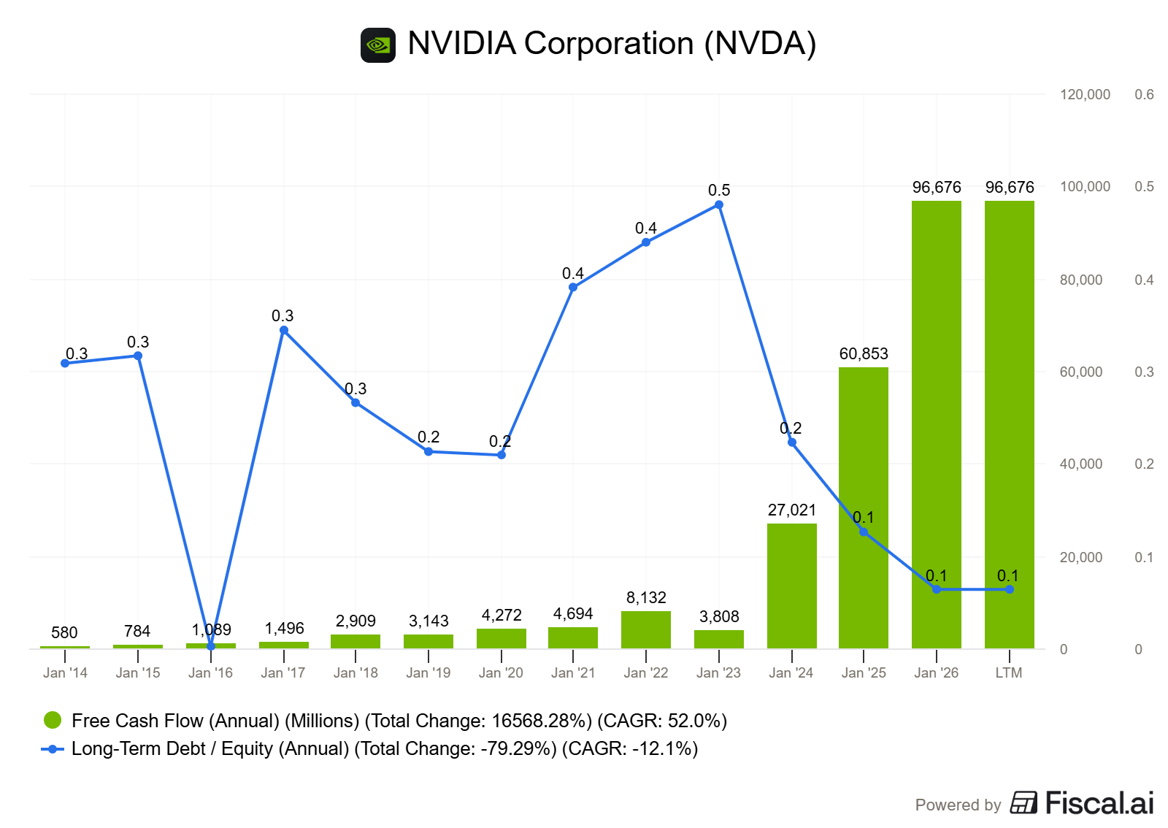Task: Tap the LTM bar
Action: pyautogui.click(x=1009, y=424)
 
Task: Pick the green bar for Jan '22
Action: pyautogui.click(x=645, y=630)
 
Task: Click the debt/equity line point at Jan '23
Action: pyautogui.click(x=719, y=205)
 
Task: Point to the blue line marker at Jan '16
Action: pyautogui.click(x=211, y=646)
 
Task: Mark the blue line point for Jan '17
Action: pyautogui.click(x=284, y=330)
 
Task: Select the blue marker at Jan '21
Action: pyautogui.click(x=573, y=287)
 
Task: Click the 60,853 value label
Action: pyautogui.click(x=864, y=354)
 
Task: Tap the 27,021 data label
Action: pyautogui.click(x=791, y=510)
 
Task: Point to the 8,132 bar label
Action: pyautogui.click(x=646, y=598)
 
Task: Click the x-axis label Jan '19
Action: pyautogui.click(x=428, y=673)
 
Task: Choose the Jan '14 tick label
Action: pyautogui.click(x=65, y=673)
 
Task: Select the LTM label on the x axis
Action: pyautogui.click(x=1009, y=673)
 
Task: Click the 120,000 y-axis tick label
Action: pyautogui.click(x=1085, y=95)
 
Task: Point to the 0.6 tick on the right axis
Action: pyautogui.click(x=1144, y=95)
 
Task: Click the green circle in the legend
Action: pyautogui.click(x=53, y=721)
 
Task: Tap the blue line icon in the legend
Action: pyautogui.click(x=53, y=749)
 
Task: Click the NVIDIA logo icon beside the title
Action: pyautogui.click(x=378, y=45)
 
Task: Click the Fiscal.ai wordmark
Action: pyautogui.click(x=1099, y=803)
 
